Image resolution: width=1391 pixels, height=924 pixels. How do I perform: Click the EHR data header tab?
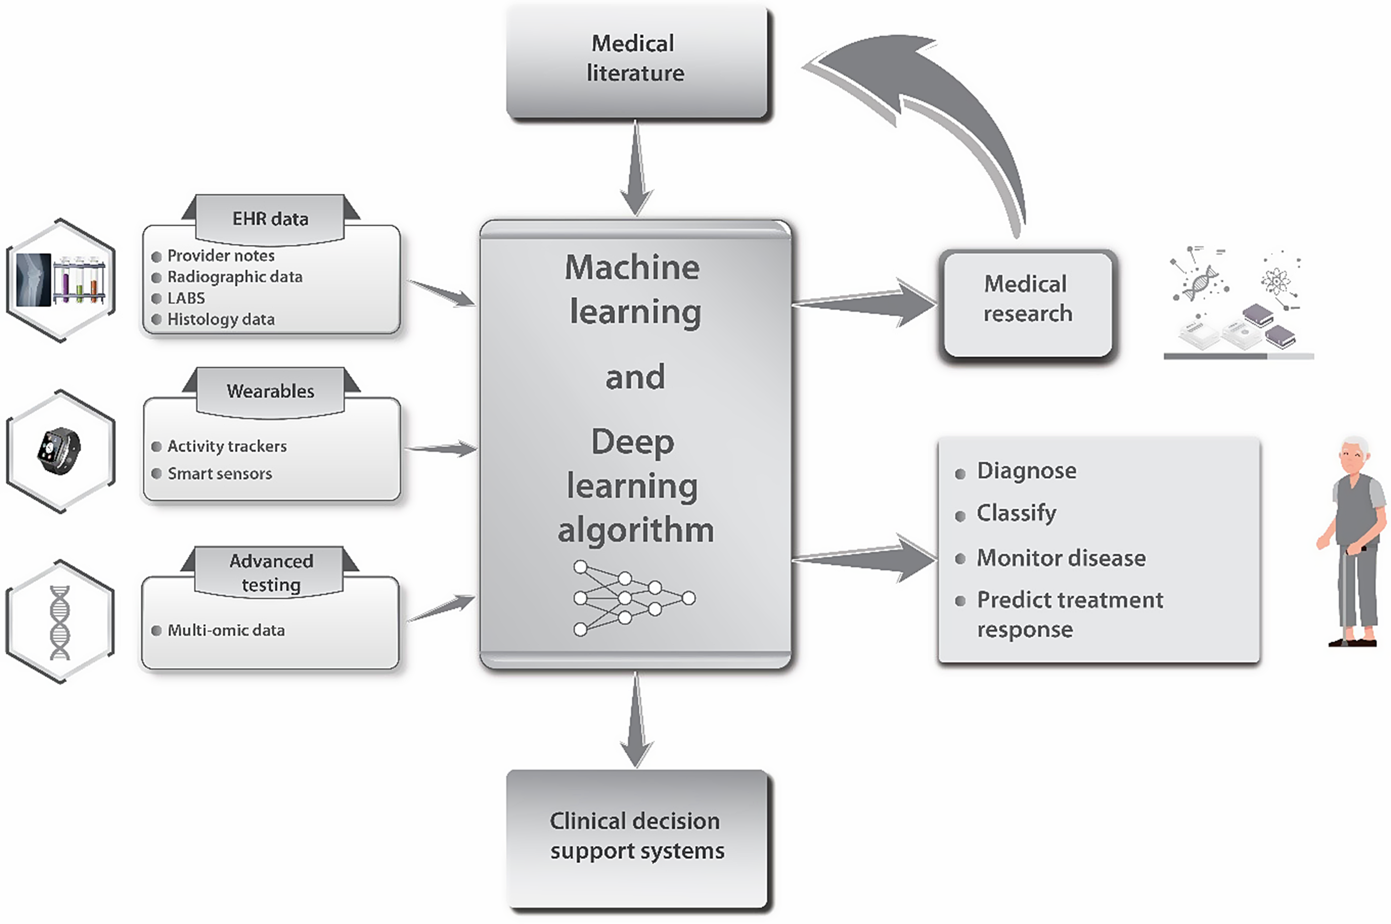click(270, 219)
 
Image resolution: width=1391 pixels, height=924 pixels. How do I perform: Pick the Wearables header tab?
click(270, 391)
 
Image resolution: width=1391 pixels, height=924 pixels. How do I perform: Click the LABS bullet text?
click(186, 298)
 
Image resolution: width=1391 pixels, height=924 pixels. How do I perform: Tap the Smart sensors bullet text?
click(219, 474)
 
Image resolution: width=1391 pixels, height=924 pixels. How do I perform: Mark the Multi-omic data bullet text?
click(226, 631)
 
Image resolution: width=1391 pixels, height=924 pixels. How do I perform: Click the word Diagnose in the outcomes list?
click(1026, 471)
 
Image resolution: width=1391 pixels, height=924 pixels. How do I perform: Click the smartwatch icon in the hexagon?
click(59, 450)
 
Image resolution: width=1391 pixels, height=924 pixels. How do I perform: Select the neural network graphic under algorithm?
click(634, 598)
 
